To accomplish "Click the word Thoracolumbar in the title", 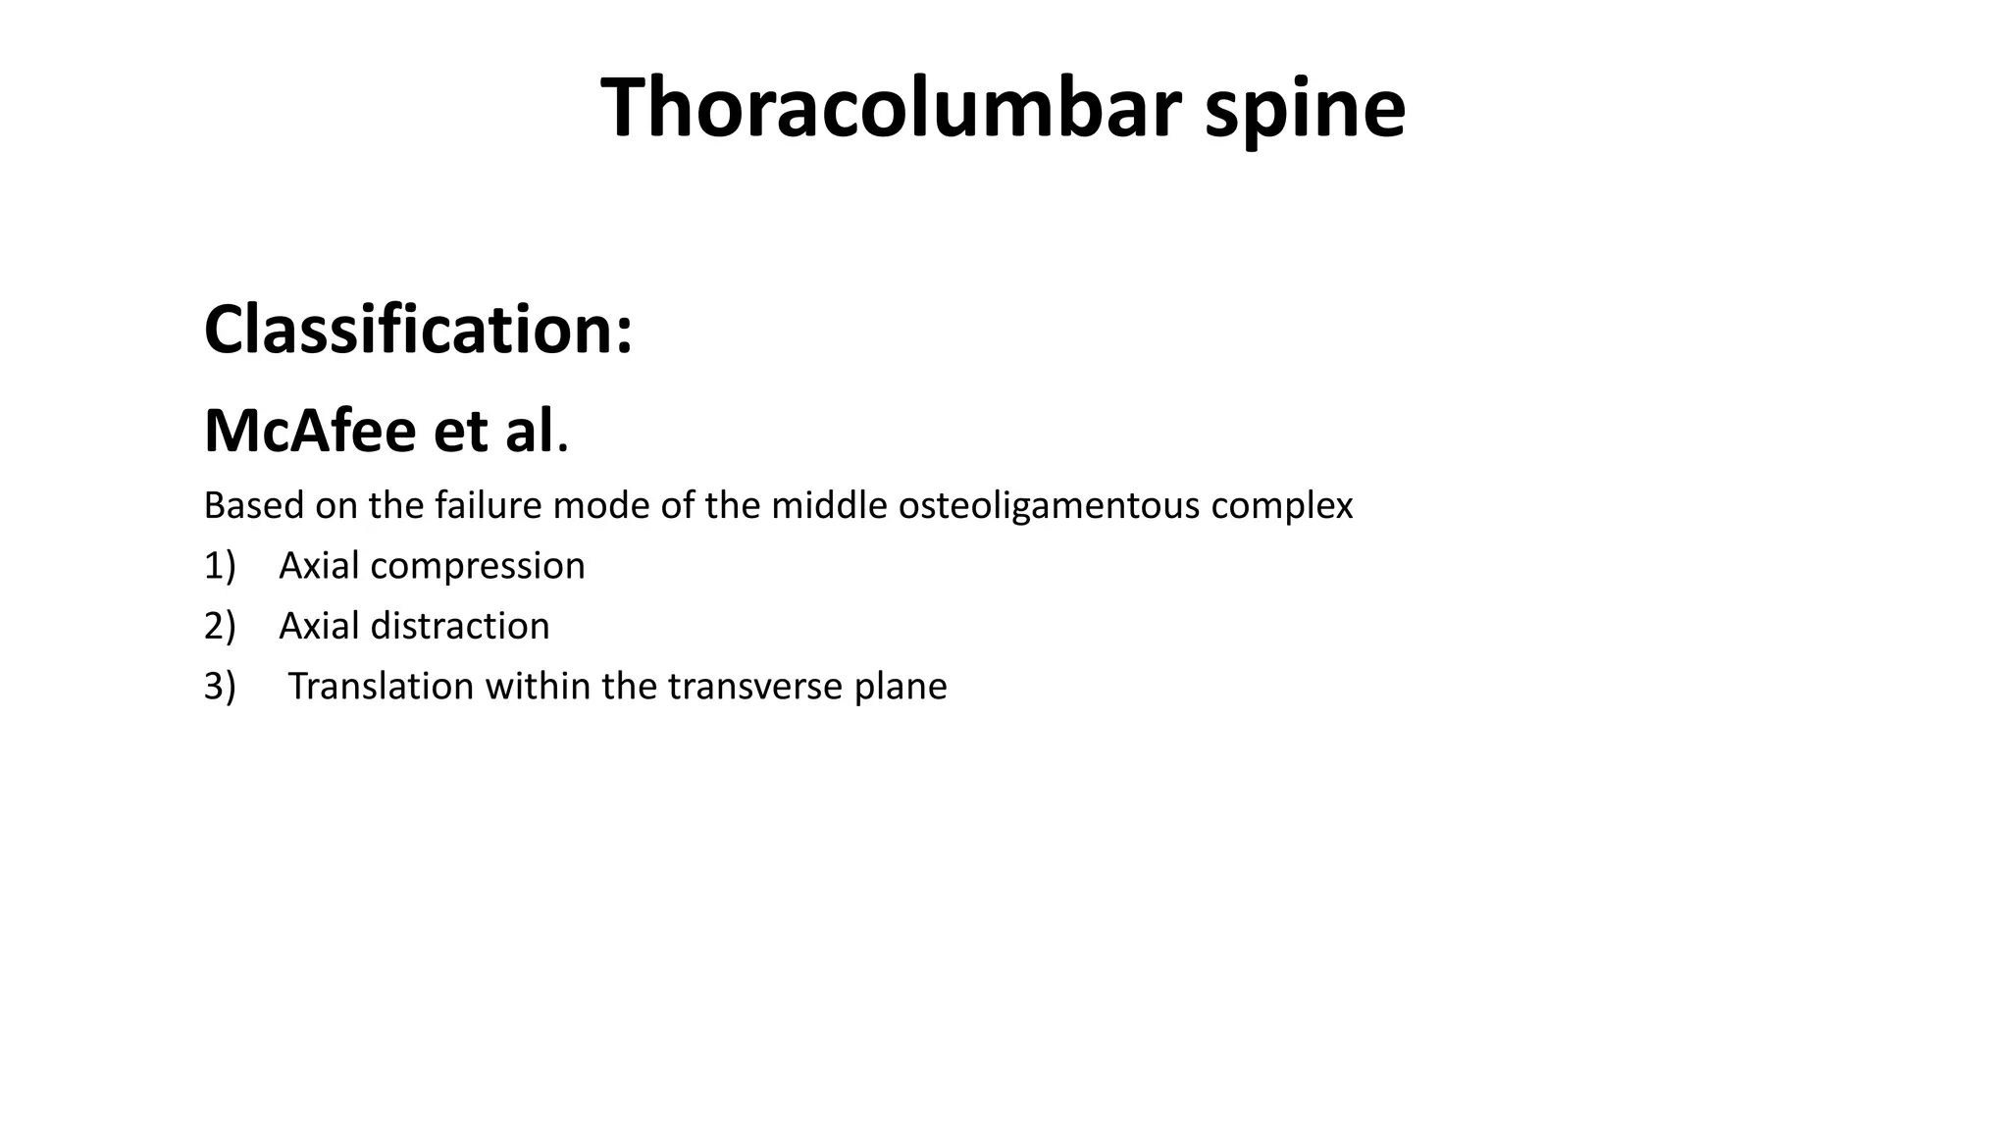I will tap(890, 108).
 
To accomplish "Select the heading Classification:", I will tap(418, 330).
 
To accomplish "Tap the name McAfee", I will tap(310, 432).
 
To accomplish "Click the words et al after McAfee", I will tap(493, 432).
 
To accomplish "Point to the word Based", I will tap(253, 506).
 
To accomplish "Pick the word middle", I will tap(829, 506).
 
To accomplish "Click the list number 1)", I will tap(220, 567).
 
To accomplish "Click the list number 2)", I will tap(220, 627).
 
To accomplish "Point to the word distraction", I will tap(460, 627).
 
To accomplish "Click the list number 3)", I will tap(220, 687).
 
